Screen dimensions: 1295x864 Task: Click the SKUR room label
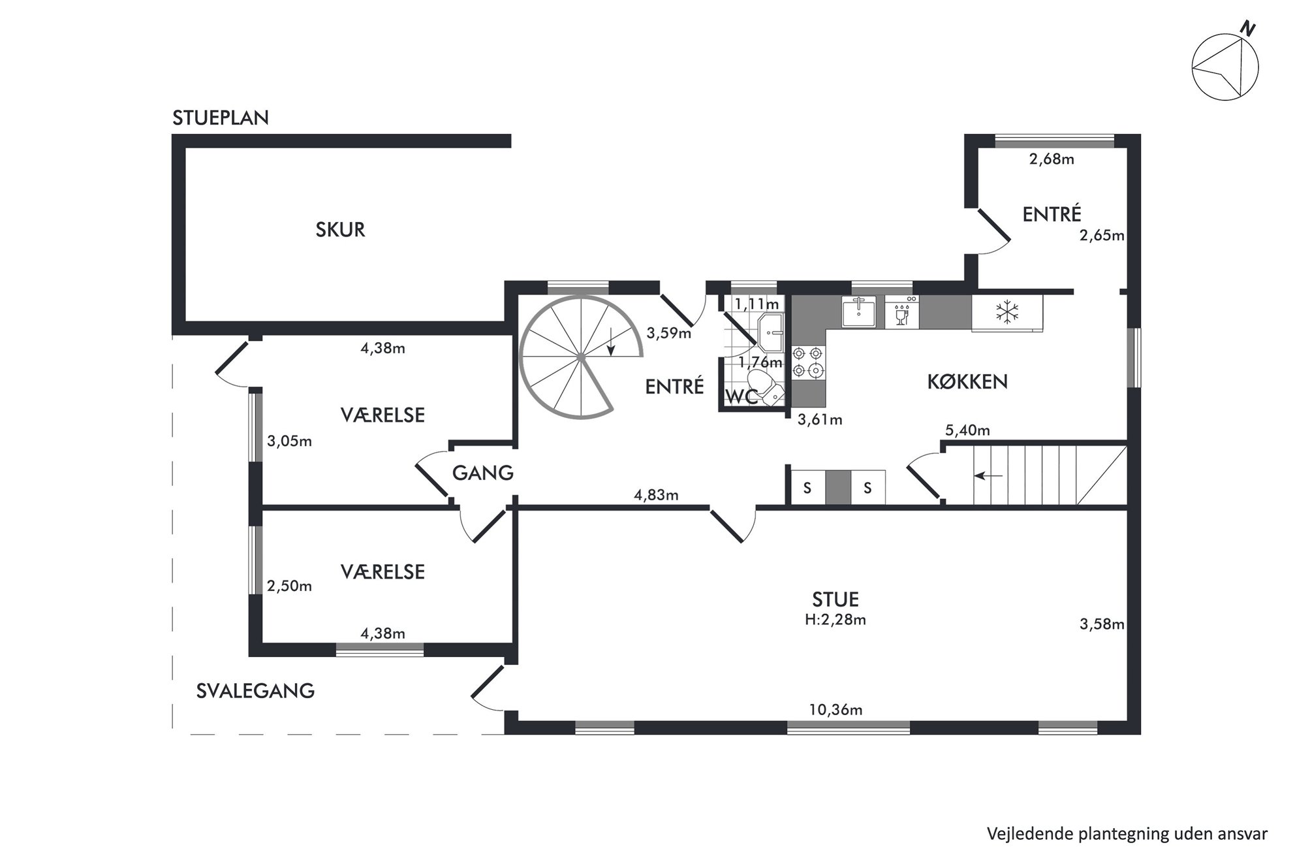(x=340, y=230)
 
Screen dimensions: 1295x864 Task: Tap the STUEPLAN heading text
(x=221, y=118)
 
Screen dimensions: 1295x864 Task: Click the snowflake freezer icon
(x=1006, y=312)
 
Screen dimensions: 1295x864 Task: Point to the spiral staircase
(x=580, y=357)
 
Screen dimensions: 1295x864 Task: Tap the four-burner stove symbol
(x=807, y=362)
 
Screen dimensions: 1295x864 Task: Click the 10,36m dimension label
(x=835, y=710)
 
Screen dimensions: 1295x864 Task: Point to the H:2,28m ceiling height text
(x=835, y=620)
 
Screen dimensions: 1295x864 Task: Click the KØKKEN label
(x=967, y=382)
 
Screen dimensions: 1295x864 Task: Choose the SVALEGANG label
(x=255, y=691)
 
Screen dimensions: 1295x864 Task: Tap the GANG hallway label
(x=483, y=473)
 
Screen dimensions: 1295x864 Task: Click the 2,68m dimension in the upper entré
(x=1052, y=159)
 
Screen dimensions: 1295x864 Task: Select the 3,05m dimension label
(x=289, y=441)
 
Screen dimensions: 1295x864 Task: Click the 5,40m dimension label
(x=967, y=430)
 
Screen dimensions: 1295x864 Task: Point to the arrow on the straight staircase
(x=988, y=476)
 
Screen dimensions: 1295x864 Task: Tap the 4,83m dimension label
(x=656, y=495)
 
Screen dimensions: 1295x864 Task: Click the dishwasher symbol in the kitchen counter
(x=901, y=312)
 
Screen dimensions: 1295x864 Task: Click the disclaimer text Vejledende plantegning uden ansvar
(x=1127, y=834)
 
